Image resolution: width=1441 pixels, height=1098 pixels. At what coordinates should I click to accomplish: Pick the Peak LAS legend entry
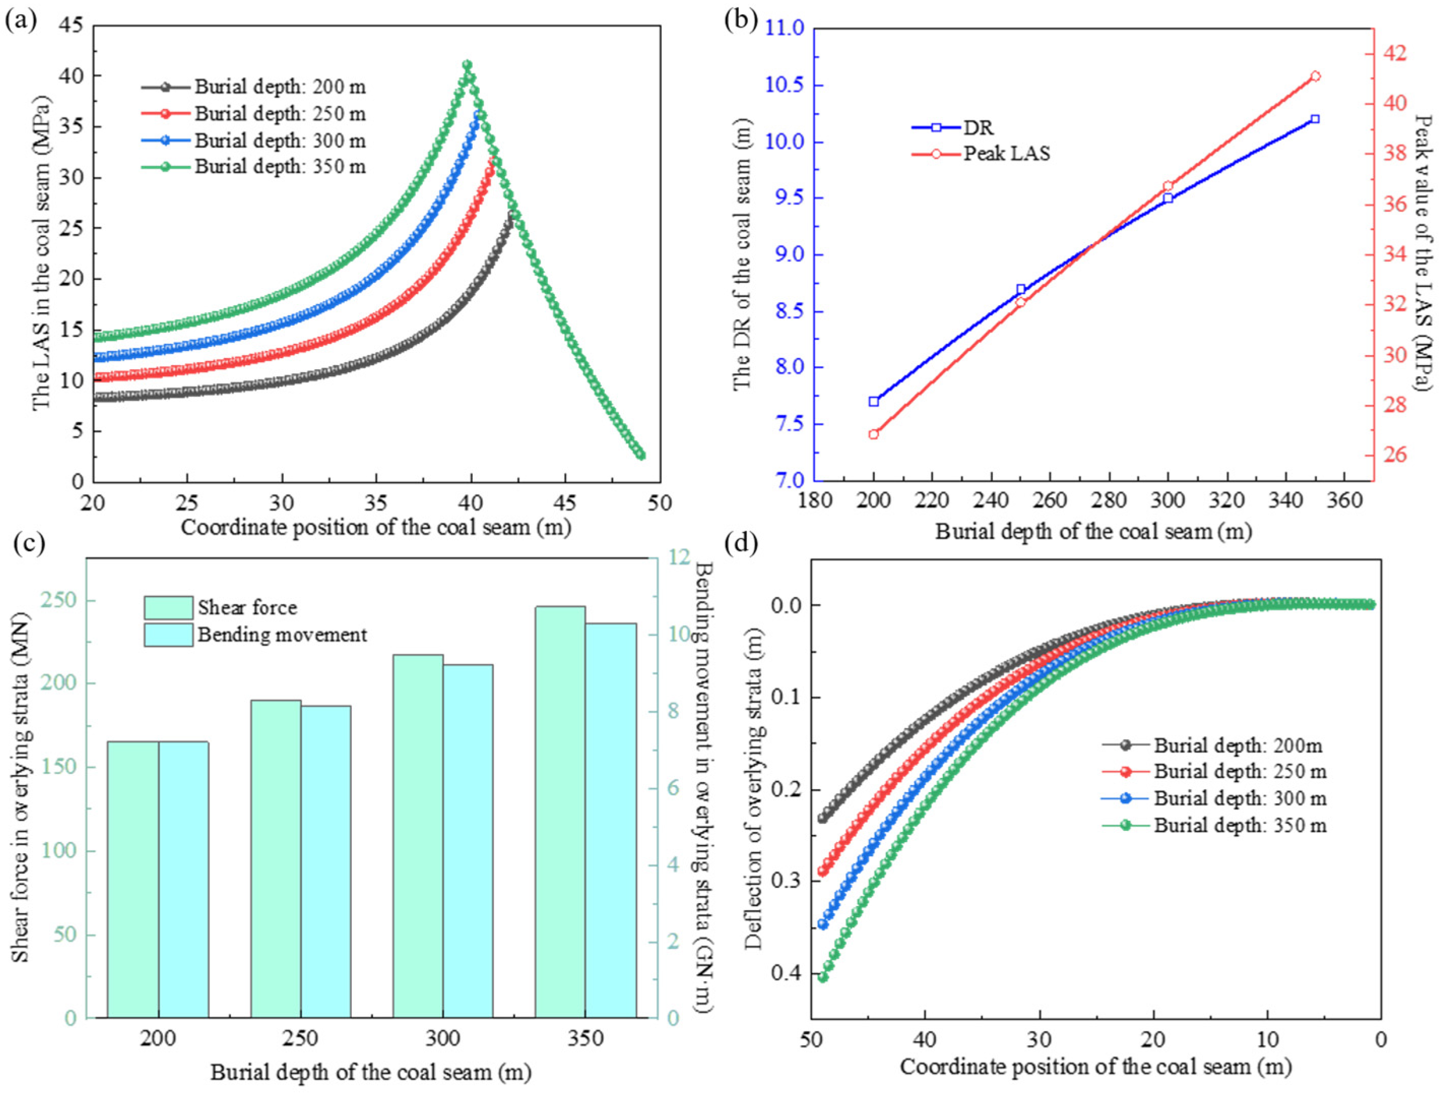tap(981, 153)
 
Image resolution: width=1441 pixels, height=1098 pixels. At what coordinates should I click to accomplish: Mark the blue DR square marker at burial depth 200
tap(874, 401)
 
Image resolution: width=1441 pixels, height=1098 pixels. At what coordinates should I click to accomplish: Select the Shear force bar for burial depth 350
tap(560, 813)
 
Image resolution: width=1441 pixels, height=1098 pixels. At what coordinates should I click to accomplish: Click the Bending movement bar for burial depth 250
tap(325, 862)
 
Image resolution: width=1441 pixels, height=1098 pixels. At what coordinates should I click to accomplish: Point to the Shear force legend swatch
tap(169, 607)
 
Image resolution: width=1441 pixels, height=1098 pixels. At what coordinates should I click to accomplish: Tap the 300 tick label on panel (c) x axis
tap(443, 1039)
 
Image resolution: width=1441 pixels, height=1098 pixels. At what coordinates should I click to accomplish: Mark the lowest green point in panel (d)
tap(823, 977)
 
